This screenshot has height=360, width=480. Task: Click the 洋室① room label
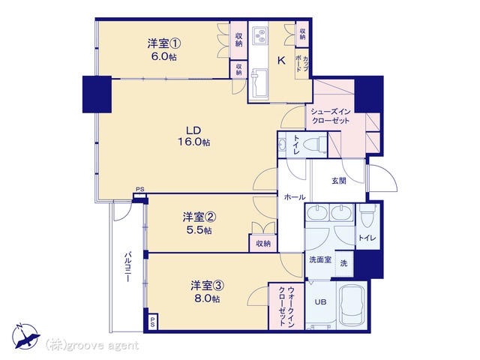tap(163, 43)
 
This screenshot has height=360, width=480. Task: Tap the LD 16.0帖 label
tap(194, 136)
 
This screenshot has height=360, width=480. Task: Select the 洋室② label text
tap(199, 217)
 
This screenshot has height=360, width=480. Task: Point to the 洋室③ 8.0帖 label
tap(207, 292)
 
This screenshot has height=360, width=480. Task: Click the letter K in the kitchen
tap(281, 61)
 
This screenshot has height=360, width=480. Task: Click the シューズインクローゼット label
tap(330, 116)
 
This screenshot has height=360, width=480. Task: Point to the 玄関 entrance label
tap(339, 181)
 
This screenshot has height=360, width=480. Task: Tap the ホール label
tap(295, 197)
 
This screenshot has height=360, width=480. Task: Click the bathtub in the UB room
tap(352, 305)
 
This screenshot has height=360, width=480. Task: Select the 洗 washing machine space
tap(344, 263)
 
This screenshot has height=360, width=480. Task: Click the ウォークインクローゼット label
tap(286, 306)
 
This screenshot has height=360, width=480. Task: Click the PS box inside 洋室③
tap(152, 322)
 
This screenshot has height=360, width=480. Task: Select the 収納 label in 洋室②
tap(263, 244)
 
